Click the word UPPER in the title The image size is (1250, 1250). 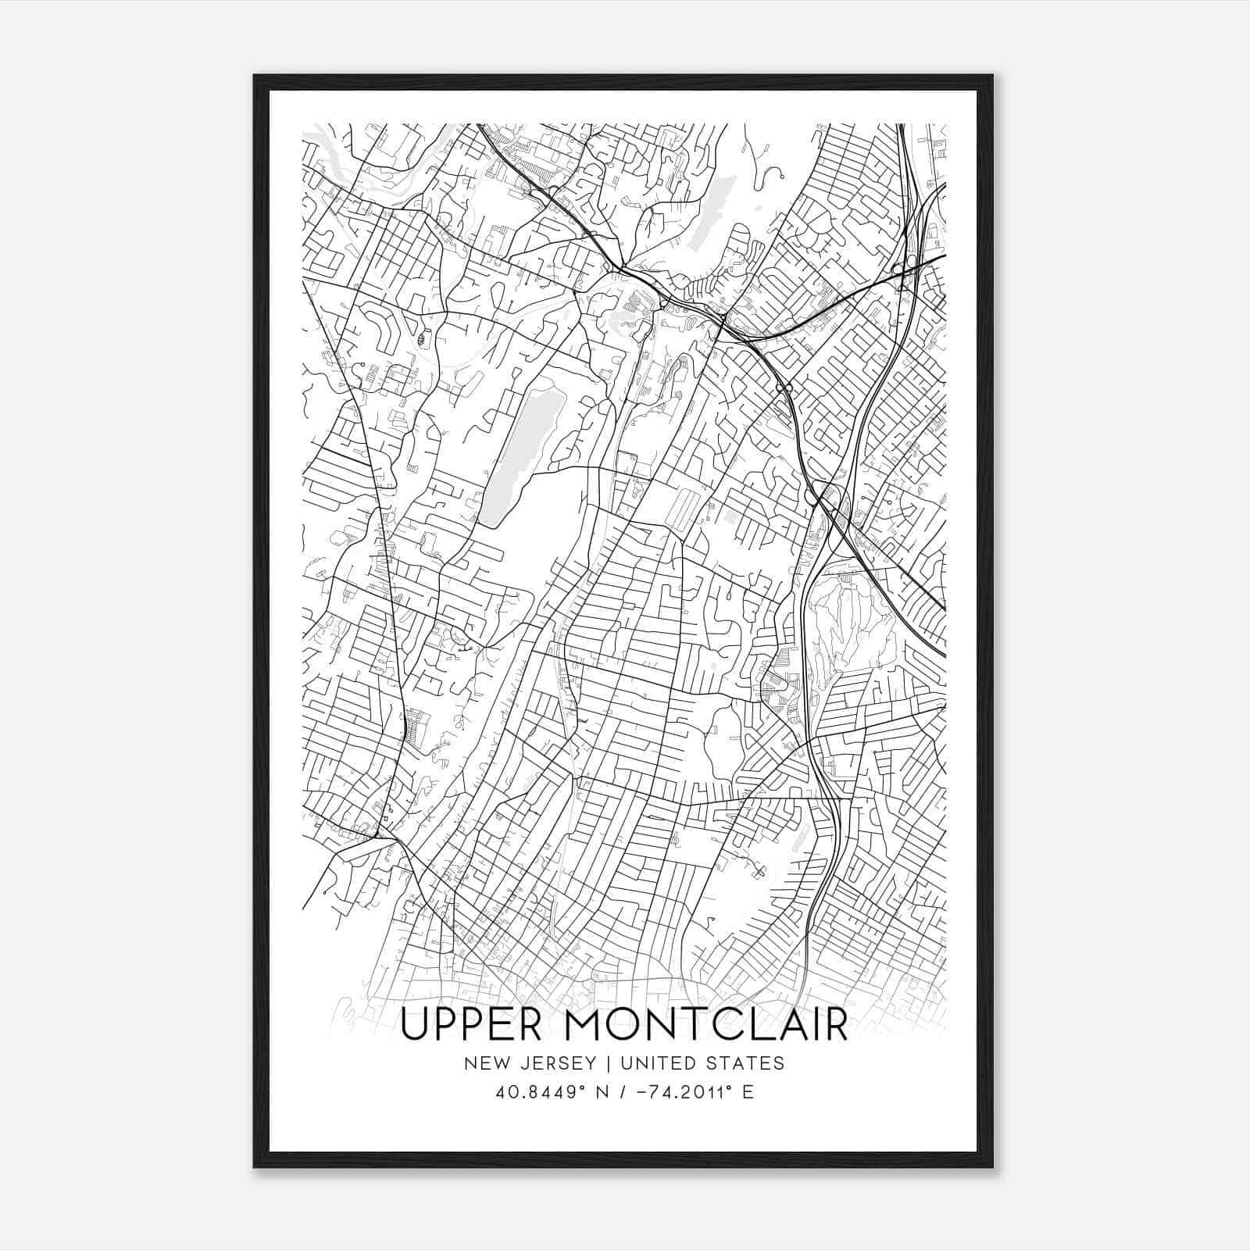click(x=470, y=1025)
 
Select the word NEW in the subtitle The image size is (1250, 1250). click(x=483, y=1063)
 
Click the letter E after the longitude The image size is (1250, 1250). click(x=748, y=1092)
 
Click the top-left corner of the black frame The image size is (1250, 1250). click(x=255, y=76)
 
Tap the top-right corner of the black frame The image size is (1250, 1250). click(x=991, y=76)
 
